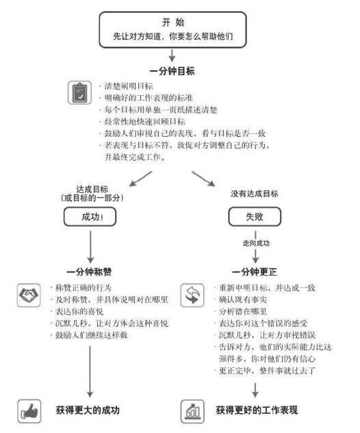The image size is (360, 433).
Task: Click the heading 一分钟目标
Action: point(172,71)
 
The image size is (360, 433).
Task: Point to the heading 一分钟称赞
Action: point(89,272)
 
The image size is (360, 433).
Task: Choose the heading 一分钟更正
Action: point(255,272)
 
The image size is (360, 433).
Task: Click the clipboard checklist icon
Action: point(79,92)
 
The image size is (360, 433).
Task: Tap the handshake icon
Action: point(29,296)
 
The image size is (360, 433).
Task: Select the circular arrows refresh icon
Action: point(192,296)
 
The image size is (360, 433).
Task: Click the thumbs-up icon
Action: point(29,411)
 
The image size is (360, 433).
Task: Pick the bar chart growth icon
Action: point(192,411)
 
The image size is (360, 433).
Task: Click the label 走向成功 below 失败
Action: point(256,244)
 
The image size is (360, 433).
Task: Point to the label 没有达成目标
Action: point(255,194)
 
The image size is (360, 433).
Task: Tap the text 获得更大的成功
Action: point(88,410)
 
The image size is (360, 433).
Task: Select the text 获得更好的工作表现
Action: point(257,410)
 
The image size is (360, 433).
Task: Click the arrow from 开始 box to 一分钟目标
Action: point(172,55)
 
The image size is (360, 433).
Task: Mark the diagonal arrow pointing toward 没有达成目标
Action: point(203,179)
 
